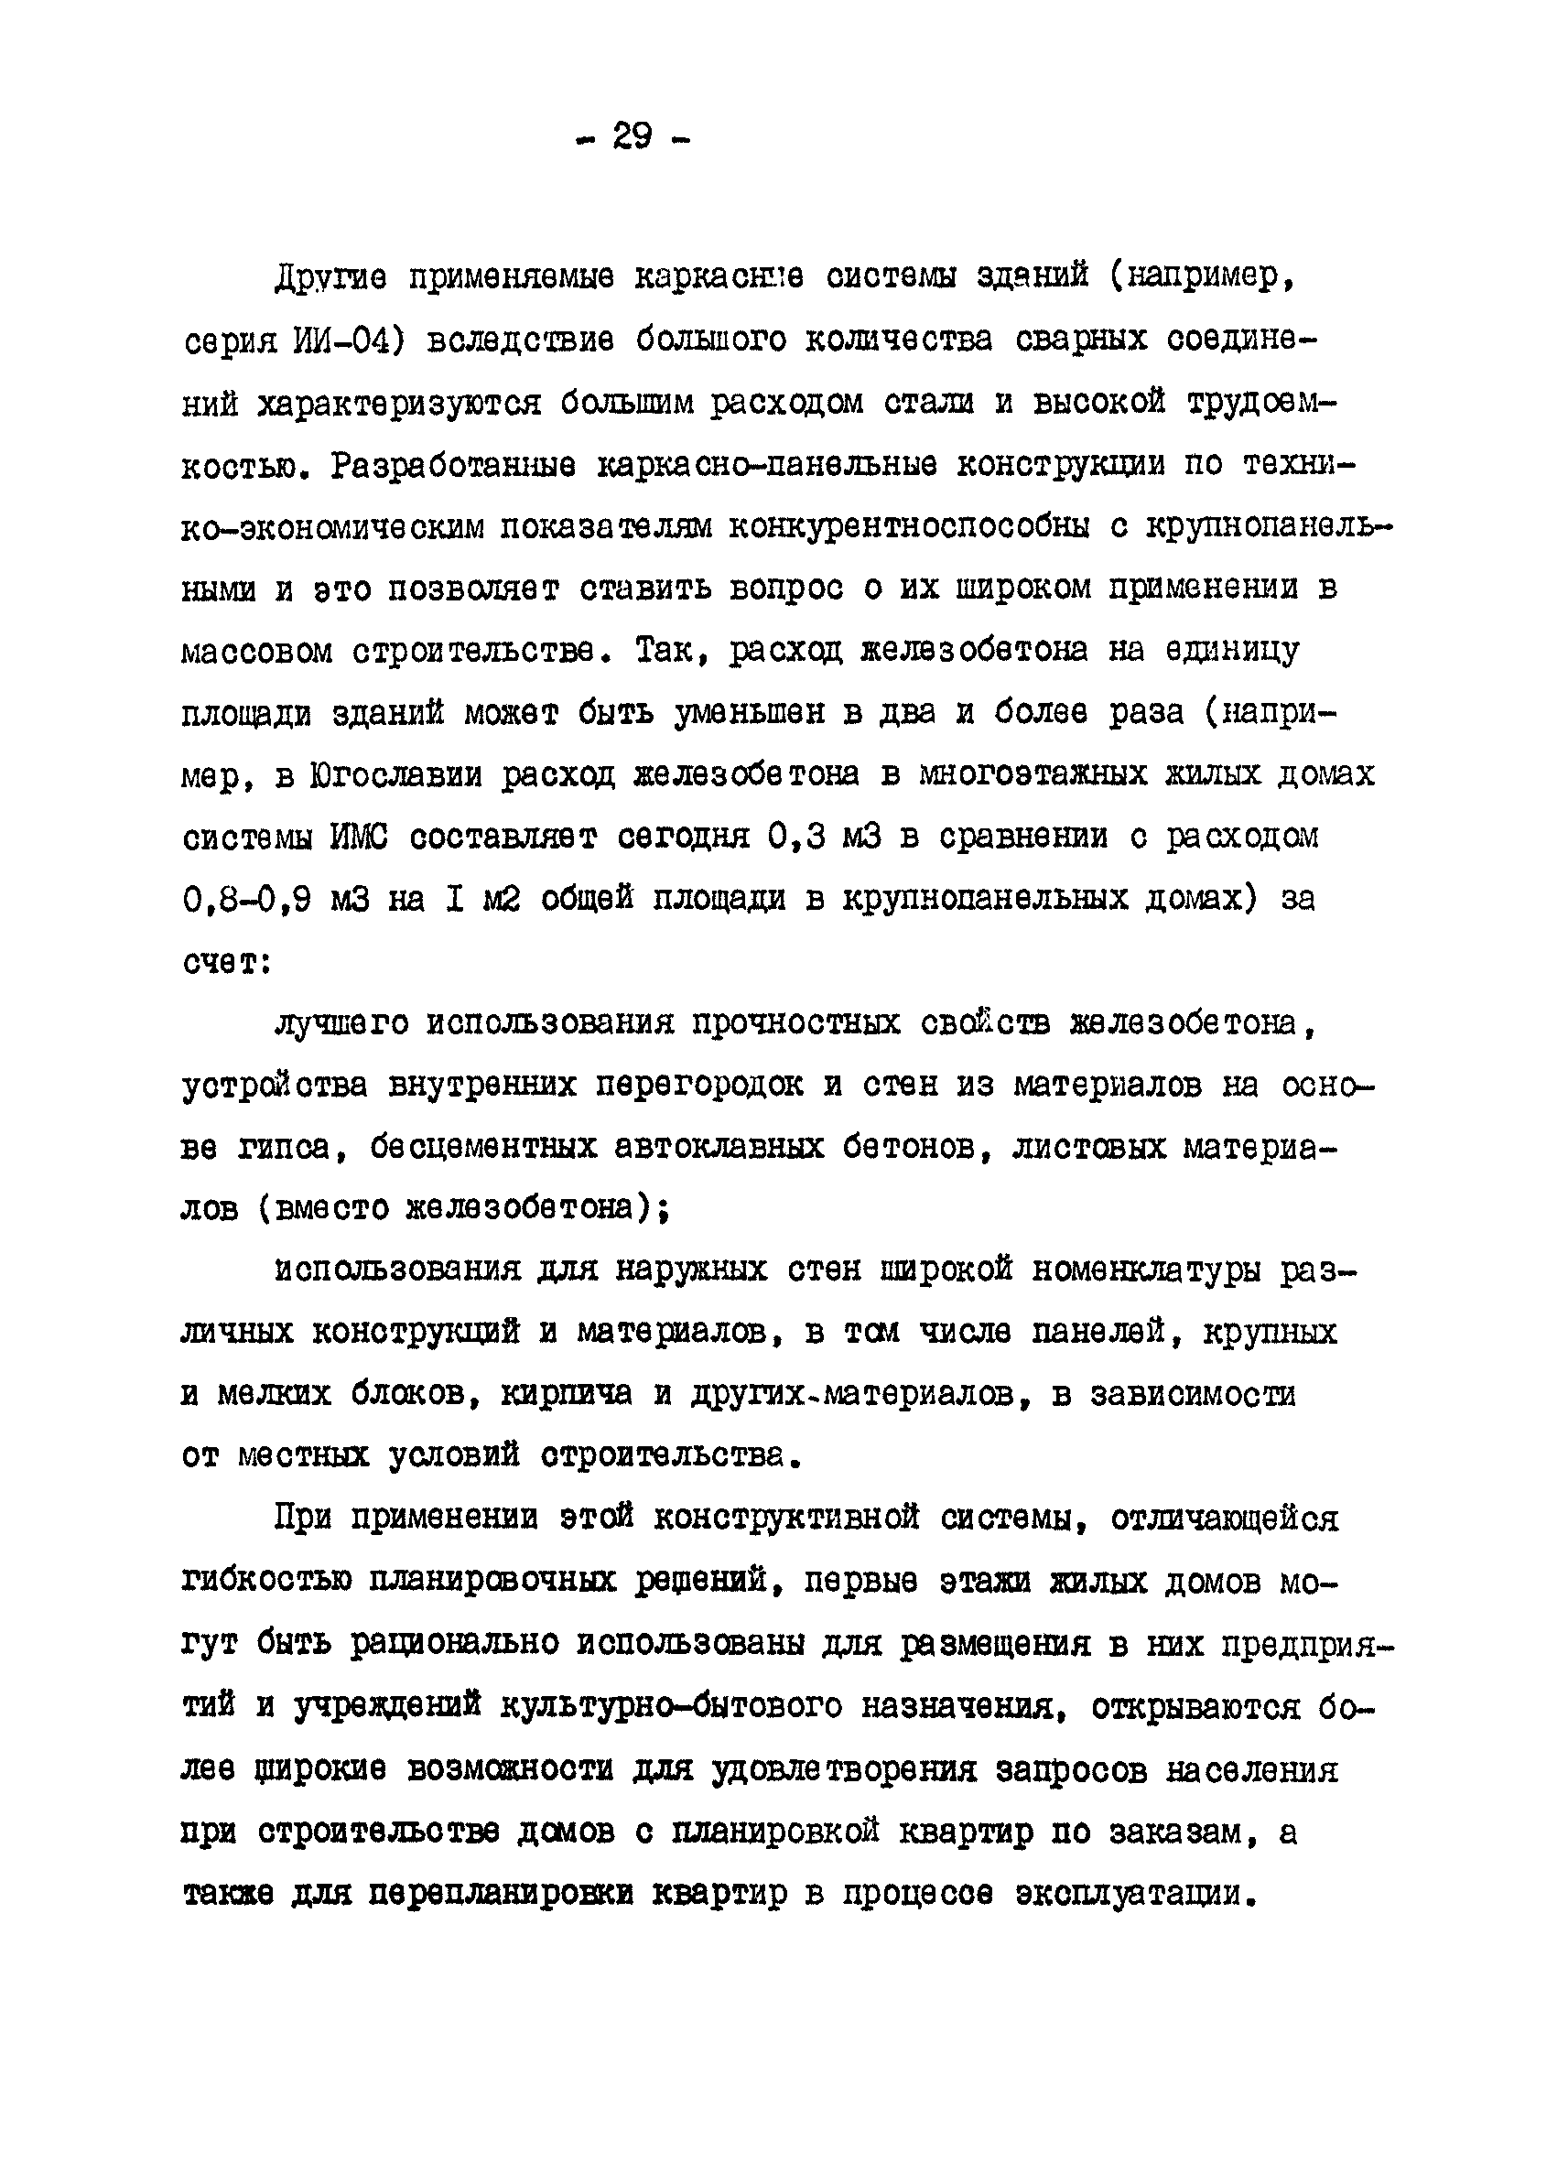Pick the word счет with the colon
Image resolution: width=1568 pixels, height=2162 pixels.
tap(227, 965)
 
